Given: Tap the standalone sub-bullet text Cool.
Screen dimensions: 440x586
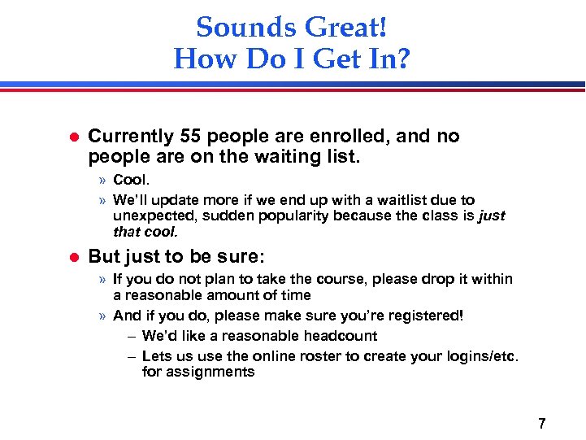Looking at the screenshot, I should (x=131, y=180).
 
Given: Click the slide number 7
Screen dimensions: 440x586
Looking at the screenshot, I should (x=541, y=424).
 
